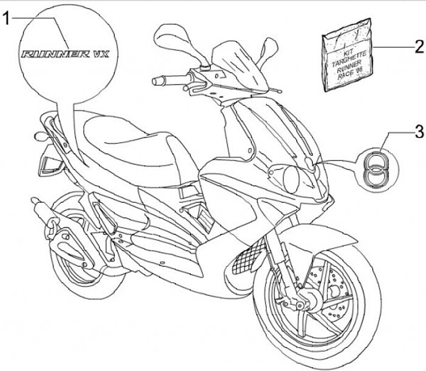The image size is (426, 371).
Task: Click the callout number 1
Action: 8,20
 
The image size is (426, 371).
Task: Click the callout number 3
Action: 418,131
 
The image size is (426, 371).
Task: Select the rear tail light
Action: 48,164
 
